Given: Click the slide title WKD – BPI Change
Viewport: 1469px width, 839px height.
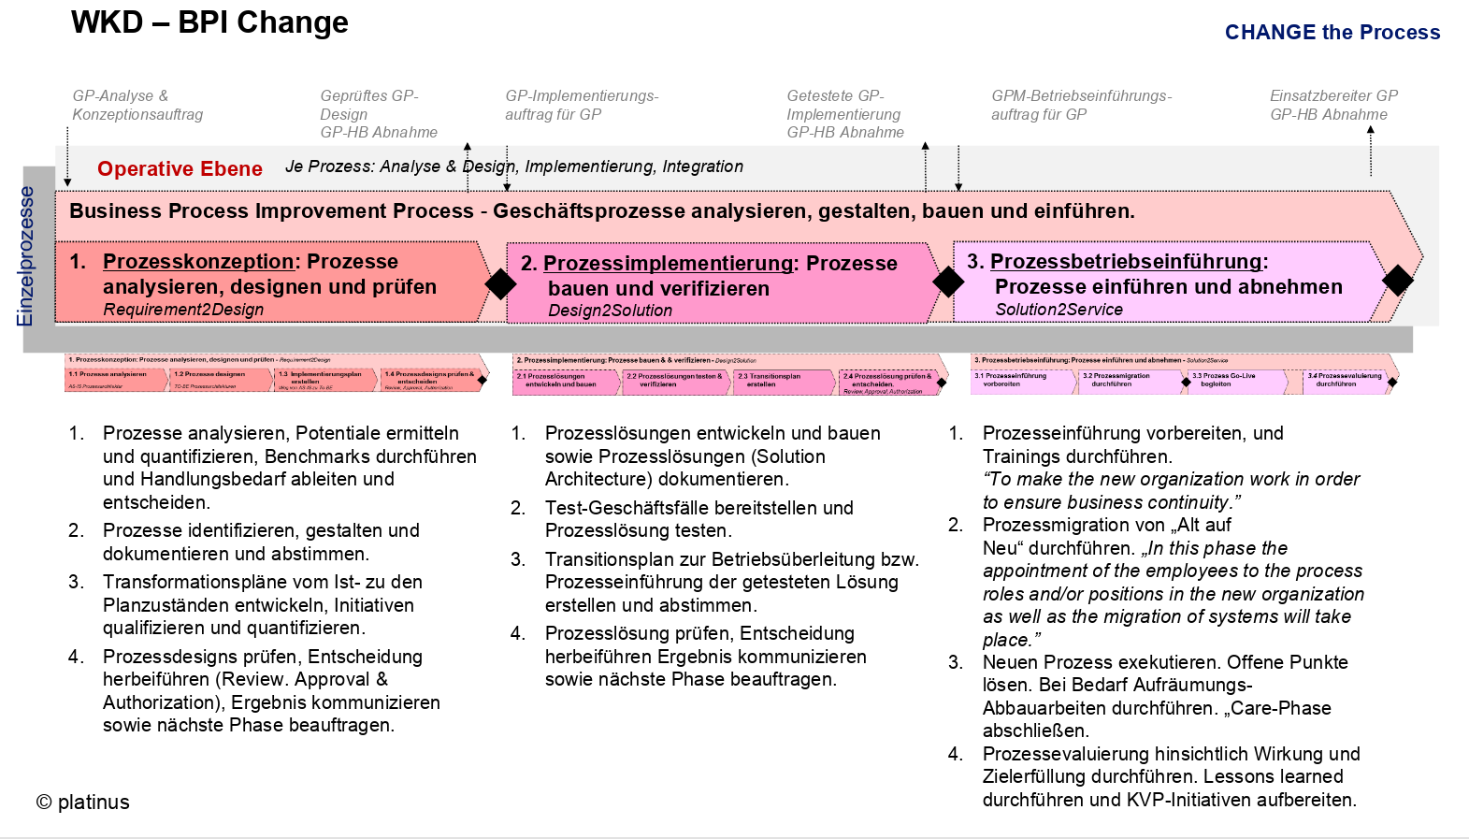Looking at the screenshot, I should [x=209, y=22].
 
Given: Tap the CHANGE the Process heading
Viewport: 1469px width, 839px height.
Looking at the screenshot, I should [x=1332, y=33].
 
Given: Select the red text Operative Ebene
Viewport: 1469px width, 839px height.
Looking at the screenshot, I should [x=180, y=169].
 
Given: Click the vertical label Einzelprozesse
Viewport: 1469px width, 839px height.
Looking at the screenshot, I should [x=25, y=256].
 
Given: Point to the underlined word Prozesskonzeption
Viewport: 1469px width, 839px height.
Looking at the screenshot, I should [x=198, y=262].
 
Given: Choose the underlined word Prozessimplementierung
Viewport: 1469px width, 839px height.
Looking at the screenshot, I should [x=668, y=264].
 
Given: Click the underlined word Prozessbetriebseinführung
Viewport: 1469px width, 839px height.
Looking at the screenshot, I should [x=1126, y=262].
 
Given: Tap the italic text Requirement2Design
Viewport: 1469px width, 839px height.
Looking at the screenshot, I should [x=183, y=310].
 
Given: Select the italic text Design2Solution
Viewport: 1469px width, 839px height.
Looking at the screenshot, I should [x=610, y=311].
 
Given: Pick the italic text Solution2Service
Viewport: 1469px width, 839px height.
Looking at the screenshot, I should [x=1059, y=310].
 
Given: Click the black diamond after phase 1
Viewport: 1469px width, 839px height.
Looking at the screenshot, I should [x=500, y=284].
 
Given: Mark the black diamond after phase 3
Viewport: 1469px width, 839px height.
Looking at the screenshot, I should [x=1397, y=280].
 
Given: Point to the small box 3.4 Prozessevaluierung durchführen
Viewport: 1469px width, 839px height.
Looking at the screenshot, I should [x=1344, y=381].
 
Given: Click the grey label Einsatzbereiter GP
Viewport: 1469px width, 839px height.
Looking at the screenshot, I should [x=1333, y=95].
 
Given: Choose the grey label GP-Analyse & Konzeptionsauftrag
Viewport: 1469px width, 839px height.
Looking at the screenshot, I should [x=137, y=105].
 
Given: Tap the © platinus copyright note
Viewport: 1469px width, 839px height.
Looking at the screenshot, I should [x=83, y=803].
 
